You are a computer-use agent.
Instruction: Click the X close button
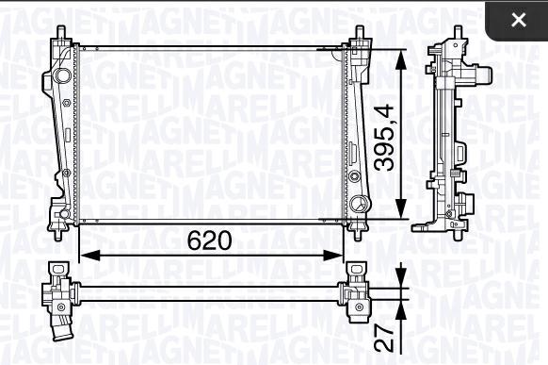pyautogui.click(x=519, y=20)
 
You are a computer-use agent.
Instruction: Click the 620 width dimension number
pyautogui.click(x=209, y=241)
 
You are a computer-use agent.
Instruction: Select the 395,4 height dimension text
pyautogui.click(x=384, y=138)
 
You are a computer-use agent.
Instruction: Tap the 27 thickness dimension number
pyautogui.click(x=384, y=339)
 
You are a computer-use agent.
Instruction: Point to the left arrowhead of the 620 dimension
pyautogui.click(x=89, y=256)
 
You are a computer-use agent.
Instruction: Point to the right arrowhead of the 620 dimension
pyautogui.click(x=333, y=256)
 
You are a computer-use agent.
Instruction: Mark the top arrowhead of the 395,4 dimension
pyautogui.click(x=401, y=60)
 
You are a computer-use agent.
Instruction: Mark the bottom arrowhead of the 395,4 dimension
pyautogui.click(x=401, y=208)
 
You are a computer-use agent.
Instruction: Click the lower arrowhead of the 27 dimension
pyautogui.click(x=401, y=309)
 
